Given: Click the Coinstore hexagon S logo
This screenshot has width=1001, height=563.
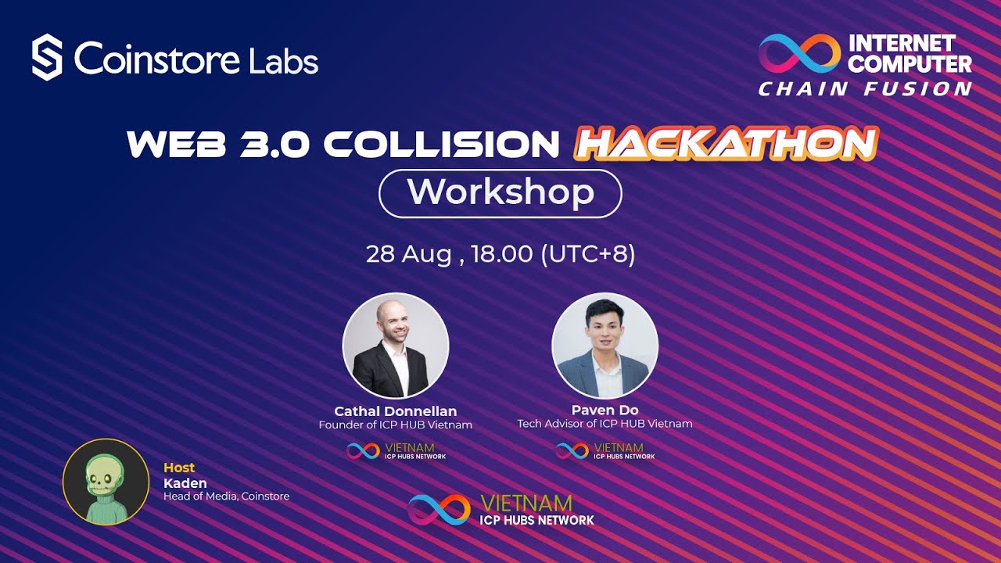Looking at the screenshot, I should coord(47,57).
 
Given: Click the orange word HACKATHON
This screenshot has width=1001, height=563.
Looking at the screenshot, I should coord(726,143).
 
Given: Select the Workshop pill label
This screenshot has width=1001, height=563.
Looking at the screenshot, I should coord(500,192).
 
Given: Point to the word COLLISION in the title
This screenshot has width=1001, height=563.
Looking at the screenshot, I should coord(441,144).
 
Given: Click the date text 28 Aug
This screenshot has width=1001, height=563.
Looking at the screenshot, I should coord(408,254).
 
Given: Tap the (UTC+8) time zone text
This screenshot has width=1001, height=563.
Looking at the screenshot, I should coord(588,254).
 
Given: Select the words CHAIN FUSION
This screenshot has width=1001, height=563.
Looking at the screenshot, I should coord(865,89).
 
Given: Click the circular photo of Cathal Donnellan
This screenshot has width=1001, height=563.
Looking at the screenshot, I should coord(396,346).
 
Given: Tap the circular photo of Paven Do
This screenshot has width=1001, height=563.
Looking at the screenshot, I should coord(605,346).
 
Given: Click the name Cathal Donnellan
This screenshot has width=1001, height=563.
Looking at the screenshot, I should coord(396,411).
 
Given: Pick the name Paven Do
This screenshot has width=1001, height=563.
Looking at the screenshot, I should coord(605,410).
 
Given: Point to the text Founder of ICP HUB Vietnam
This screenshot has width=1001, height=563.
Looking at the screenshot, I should coord(396,425).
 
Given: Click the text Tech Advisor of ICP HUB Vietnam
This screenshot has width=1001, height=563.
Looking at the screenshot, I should coord(605,424).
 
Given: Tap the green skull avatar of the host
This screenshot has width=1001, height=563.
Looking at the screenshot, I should coord(106,481).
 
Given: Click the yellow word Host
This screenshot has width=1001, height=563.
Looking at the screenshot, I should coord(179,468).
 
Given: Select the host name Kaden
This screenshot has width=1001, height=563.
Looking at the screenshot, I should coord(185,482).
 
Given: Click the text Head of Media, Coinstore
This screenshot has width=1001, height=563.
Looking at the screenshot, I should coord(226,496).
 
